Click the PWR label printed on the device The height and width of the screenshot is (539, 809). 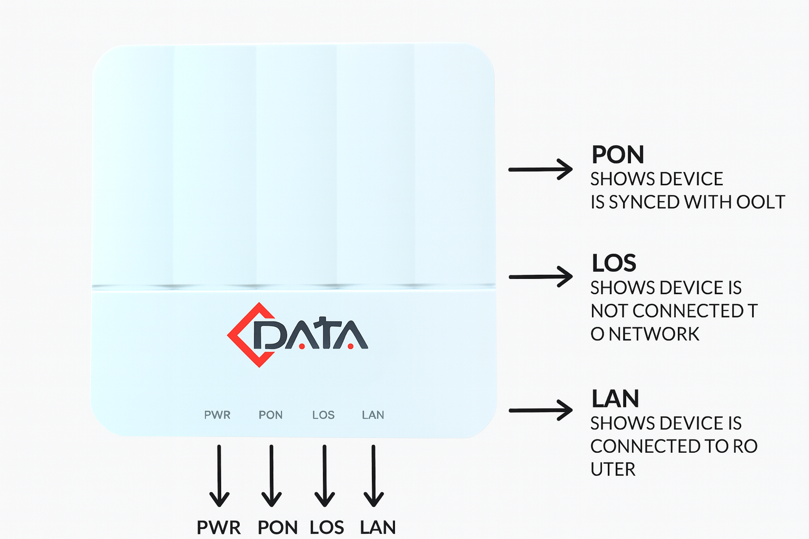coord(217,415)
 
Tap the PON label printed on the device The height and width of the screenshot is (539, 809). coord(271,415)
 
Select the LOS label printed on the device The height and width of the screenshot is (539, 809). coord(323,415)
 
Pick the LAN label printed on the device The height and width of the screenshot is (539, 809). coord(373,415)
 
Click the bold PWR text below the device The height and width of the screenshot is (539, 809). coord(219,527)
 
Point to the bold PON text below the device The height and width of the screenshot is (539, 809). coord(278,527)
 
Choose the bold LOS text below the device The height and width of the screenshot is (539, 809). coord(327,527)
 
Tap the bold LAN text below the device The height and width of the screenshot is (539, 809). coord(378,527)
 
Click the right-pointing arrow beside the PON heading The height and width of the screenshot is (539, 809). coord(540,169)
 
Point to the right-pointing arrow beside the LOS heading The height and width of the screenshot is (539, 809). coord(540,276)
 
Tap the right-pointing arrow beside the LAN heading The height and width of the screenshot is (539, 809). coord(540,410)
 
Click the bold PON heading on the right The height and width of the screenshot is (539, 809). coord(618,155)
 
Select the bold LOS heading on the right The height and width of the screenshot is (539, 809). coord(614,263)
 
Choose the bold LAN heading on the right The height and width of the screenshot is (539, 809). coord(615,399)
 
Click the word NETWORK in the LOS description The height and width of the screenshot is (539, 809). coord(654,334)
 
